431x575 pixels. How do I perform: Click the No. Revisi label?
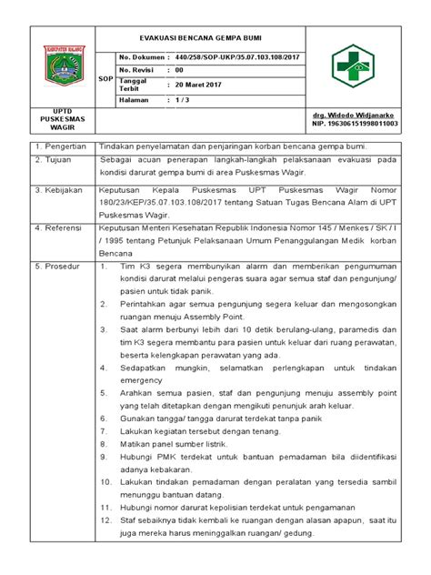(138, 70)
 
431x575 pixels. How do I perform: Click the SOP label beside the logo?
(105, 79)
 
